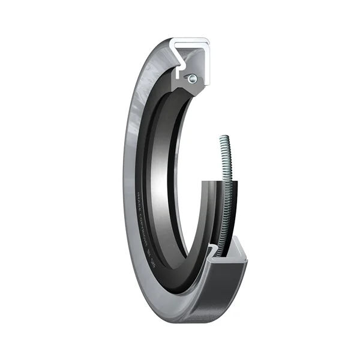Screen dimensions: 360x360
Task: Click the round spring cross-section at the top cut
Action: click(190, 78)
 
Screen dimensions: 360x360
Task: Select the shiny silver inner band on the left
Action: click(164, 180)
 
